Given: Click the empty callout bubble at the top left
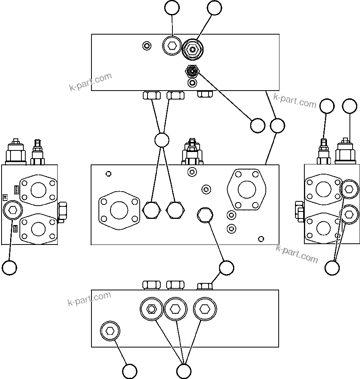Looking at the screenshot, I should (172, 8).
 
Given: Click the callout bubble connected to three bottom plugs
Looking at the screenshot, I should (184, 370).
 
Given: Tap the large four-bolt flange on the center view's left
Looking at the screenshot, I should (119, 210).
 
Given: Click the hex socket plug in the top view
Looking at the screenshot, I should (172, 46).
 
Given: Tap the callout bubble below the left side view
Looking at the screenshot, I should (9, 267).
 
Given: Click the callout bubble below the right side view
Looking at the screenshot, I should (332, 267).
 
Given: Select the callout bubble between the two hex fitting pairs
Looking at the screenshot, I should (162, 140).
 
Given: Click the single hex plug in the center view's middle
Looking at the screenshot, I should (205, 215).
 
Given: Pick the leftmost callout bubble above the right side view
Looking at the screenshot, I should (327, 106).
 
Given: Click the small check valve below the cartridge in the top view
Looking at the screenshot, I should (192, 71).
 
